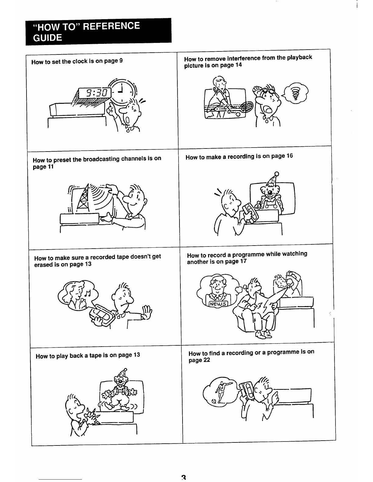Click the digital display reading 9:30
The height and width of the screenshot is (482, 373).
(x=95, y=93)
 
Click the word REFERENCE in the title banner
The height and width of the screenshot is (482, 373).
(x=112, y=26)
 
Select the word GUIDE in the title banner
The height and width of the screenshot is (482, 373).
(x=48, y=38)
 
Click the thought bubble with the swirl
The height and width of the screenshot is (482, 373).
(x=296, y=93)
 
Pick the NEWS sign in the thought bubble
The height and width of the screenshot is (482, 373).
(x=218, y=304)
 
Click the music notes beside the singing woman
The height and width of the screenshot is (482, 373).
(x=87, y=293)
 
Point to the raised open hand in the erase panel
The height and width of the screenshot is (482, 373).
(x=147, y=312)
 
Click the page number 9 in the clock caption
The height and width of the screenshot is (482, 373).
(x=121, y=60)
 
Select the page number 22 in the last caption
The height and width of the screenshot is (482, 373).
(x=207, y=360)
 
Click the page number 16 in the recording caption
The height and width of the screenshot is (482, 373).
(x=290, y=156)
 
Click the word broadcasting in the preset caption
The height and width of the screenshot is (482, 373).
(x=101, y=159)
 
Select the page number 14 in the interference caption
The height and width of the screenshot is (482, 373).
(x=238, y=65)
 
